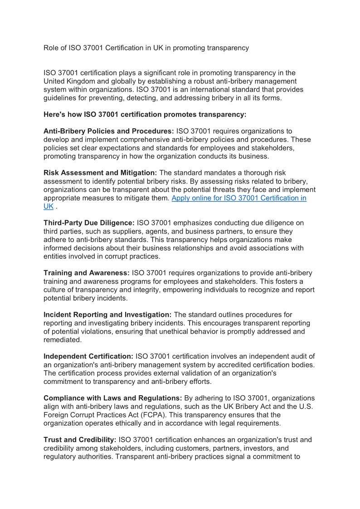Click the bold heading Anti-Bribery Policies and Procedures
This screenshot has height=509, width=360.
(x=108, y=131)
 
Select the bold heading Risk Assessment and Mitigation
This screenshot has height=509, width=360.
(x=100, y=173)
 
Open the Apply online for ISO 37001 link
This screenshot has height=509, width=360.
(x=238, y=198)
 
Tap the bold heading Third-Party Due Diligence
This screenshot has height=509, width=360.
(x=89, y=223)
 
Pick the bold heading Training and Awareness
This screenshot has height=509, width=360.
(x=87, y=273)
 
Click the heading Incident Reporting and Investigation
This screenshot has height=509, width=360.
(x=107, y=315)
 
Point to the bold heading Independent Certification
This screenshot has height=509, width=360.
(x=88, y=356)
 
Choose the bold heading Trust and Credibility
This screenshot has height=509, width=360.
(x=80, y=440)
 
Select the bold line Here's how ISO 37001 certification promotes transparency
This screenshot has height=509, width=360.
(x=145, y=114)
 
